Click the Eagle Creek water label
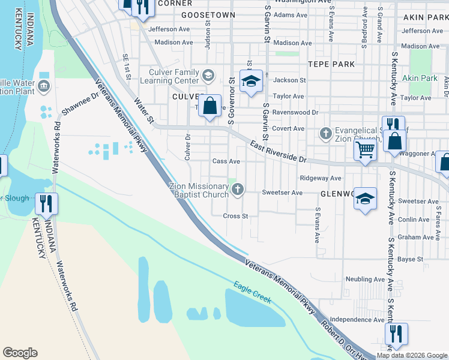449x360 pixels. tap(253, 293)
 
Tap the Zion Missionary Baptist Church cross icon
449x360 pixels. tap(238, 190)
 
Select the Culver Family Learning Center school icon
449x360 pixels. tap(208, 76)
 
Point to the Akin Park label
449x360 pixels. tap(420, 78)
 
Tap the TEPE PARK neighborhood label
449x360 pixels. tap(331, 64)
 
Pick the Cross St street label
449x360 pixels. tap(235, 216)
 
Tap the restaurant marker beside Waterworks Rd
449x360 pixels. tap(46, 203)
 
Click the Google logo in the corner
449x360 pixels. tap(20, 353)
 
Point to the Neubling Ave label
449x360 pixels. tap(365, 280)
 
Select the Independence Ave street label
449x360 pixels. tap(357, 320)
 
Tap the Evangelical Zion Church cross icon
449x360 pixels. tap(325, 133)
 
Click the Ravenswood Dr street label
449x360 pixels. tap(295, 112)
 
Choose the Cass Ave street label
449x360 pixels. tap(226, 161)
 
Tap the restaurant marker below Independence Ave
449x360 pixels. tap(396, 334)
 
